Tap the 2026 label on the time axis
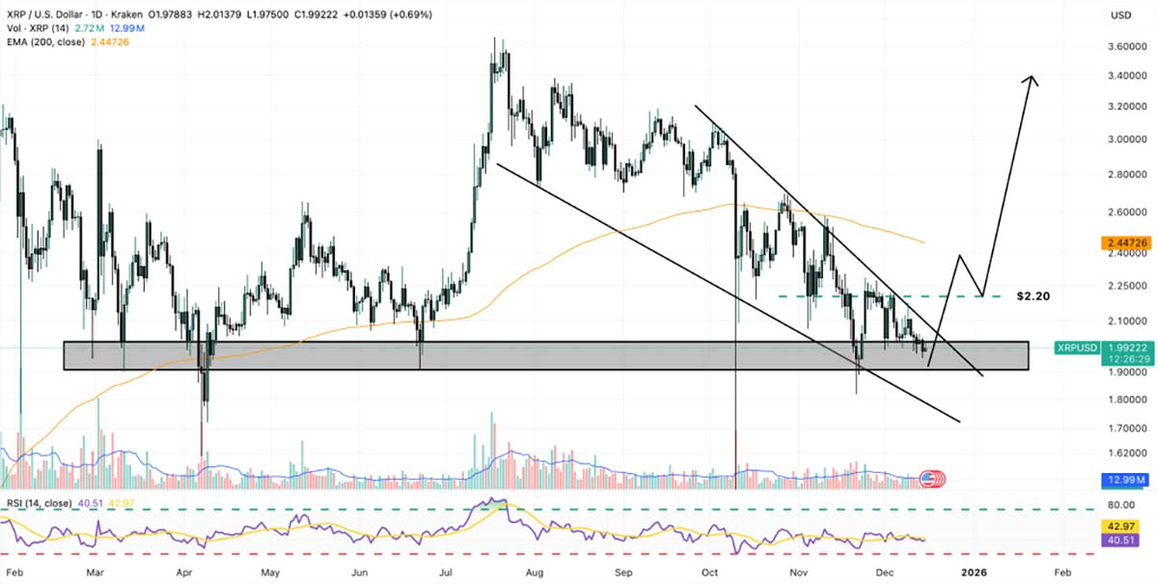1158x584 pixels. pyautogui.click(x=976, y=570)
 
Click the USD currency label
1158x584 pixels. pyautogui.click(x=1121, y=15)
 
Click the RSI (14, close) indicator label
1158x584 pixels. pyautogui.click(x=38, y=501)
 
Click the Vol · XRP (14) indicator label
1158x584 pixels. pyautogui.click(x=36, y=29)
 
